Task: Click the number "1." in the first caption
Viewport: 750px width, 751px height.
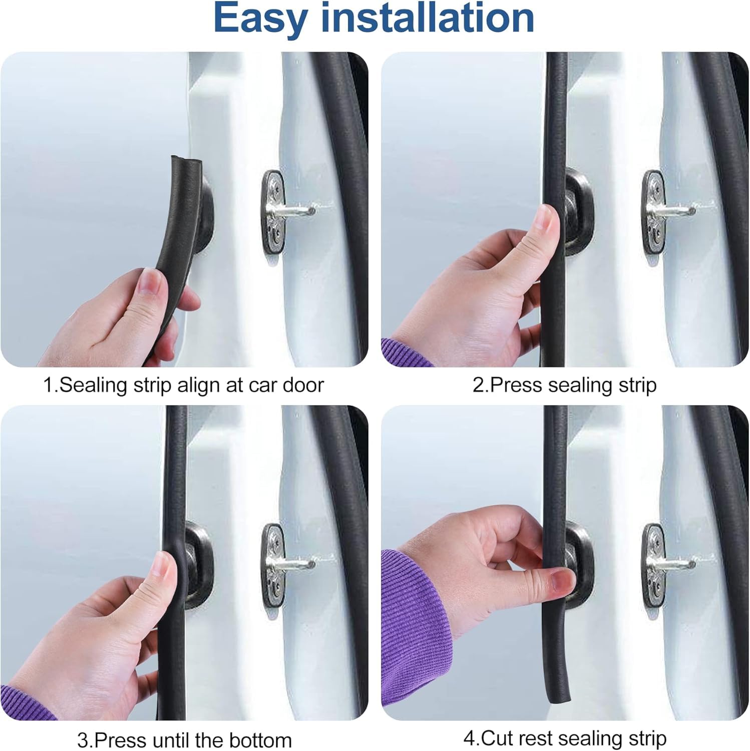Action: [x=51, y=386]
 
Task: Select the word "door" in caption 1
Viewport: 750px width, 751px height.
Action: [x=303, y=386]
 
